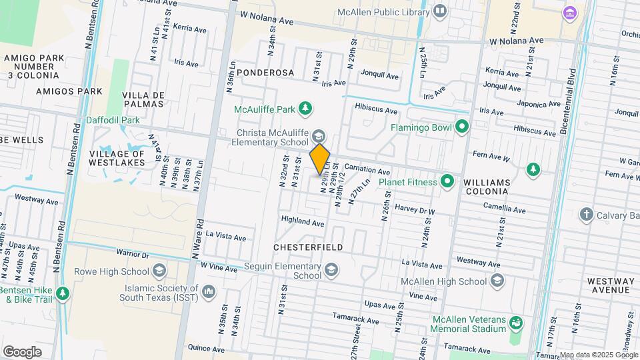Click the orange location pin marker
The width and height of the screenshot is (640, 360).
click(x=320, y=159)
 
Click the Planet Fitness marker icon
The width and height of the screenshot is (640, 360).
click(x=447, y=181)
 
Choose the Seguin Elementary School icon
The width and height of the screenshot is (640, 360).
click(x=331, y=270)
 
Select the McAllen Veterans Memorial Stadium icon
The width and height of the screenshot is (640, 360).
click(x=515, y=323)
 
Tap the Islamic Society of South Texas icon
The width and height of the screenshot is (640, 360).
click(x=209, y=291)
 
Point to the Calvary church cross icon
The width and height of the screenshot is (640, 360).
click(x=586, y=215)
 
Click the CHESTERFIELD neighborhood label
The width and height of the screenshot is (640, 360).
click(x=308, y=247)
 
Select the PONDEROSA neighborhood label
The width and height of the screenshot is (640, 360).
click(x=265, y=72)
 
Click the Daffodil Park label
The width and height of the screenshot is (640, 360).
click(x=103, y=121)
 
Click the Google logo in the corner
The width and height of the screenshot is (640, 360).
click(x=23, y=351)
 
